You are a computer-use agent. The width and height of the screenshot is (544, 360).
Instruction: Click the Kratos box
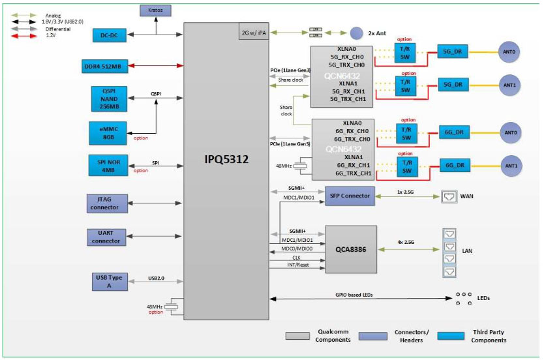[155, 11]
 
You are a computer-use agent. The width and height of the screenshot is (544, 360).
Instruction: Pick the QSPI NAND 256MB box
[105, 98]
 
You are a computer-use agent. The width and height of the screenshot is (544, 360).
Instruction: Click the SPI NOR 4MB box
[105, 166]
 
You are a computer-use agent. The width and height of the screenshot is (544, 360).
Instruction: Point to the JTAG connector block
[105, 203]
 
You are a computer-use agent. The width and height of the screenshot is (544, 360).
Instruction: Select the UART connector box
[105, 237]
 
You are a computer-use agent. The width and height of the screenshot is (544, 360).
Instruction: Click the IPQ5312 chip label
[225, 158]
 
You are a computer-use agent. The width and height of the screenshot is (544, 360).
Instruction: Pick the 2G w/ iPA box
[253, 32]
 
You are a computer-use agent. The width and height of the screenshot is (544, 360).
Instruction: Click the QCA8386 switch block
[350, 249]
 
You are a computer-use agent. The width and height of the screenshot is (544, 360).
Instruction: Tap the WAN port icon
[449, 195]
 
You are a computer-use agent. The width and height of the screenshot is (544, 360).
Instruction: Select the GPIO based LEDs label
[354, 295]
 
